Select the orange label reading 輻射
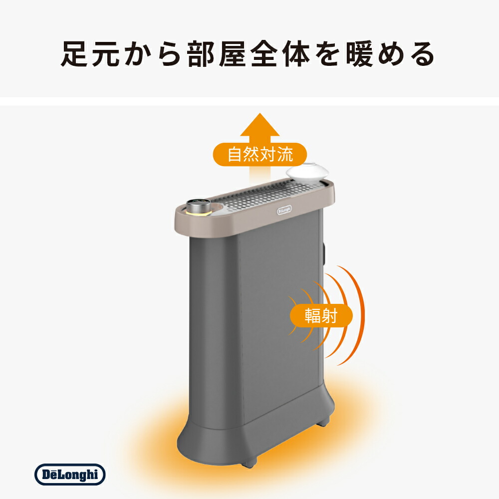tap(321, 316)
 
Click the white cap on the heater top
tap(307, 172)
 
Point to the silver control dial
tap(198, 206)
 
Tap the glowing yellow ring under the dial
tap(198, 214)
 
